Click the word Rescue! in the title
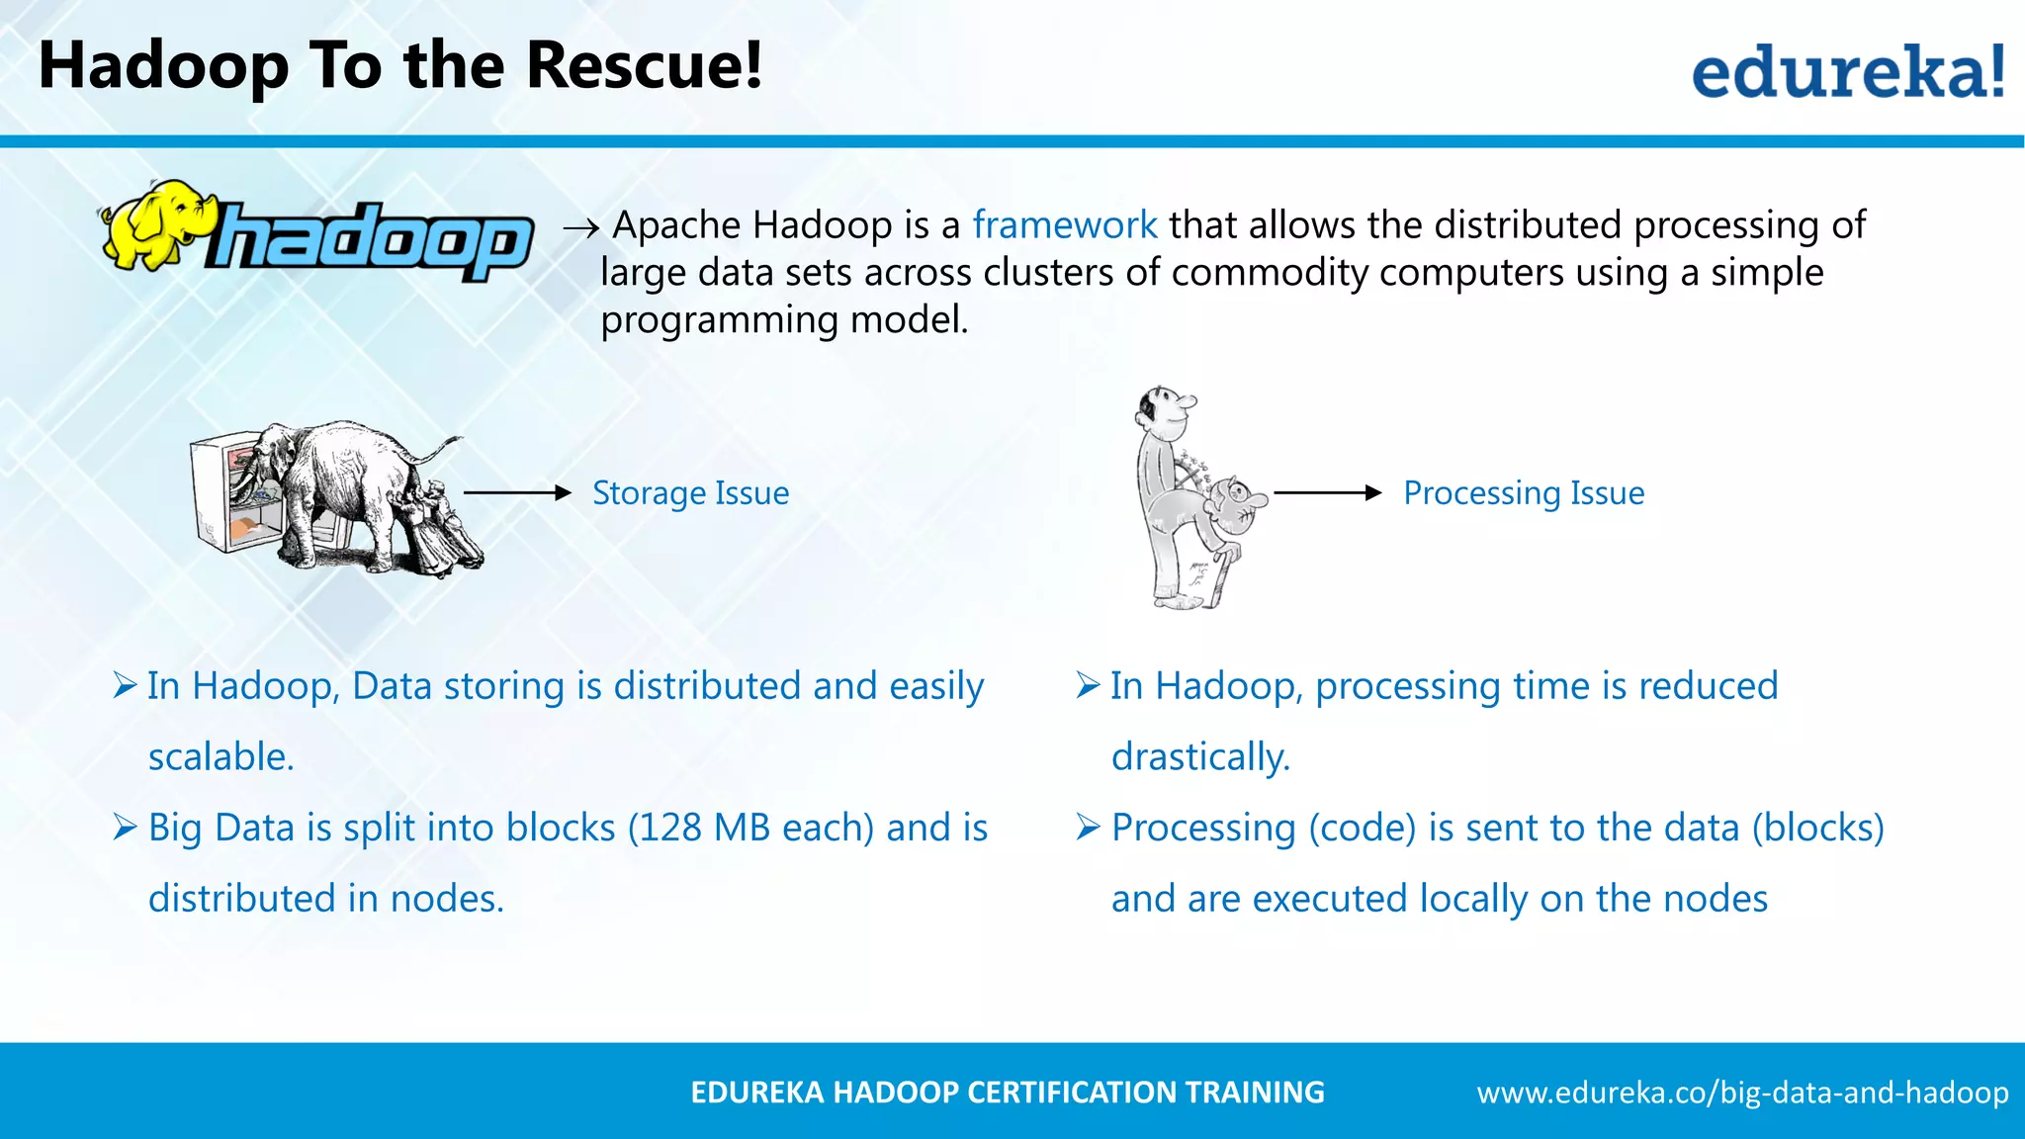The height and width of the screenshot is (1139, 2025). click(x=644, y=65)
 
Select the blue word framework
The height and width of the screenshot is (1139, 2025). click(x=1064, y=225)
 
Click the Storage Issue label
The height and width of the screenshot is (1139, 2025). click(x=690, y=492)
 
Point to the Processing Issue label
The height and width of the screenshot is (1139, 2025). click(x=1524, y=492)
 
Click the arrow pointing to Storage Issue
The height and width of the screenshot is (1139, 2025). click(x=517, y=492)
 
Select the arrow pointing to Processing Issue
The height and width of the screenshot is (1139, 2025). click(x=1327, y=492)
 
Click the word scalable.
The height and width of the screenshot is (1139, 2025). click(x=220, y=756)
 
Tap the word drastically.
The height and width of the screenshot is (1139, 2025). click(x=1200, y=756)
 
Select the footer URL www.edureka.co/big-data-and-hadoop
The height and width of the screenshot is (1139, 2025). click(x=1742, y=1093)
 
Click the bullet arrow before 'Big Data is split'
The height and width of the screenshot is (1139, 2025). click(x=125, y=827)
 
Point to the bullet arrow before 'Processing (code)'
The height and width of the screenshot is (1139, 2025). click(x=1088, y=827)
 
